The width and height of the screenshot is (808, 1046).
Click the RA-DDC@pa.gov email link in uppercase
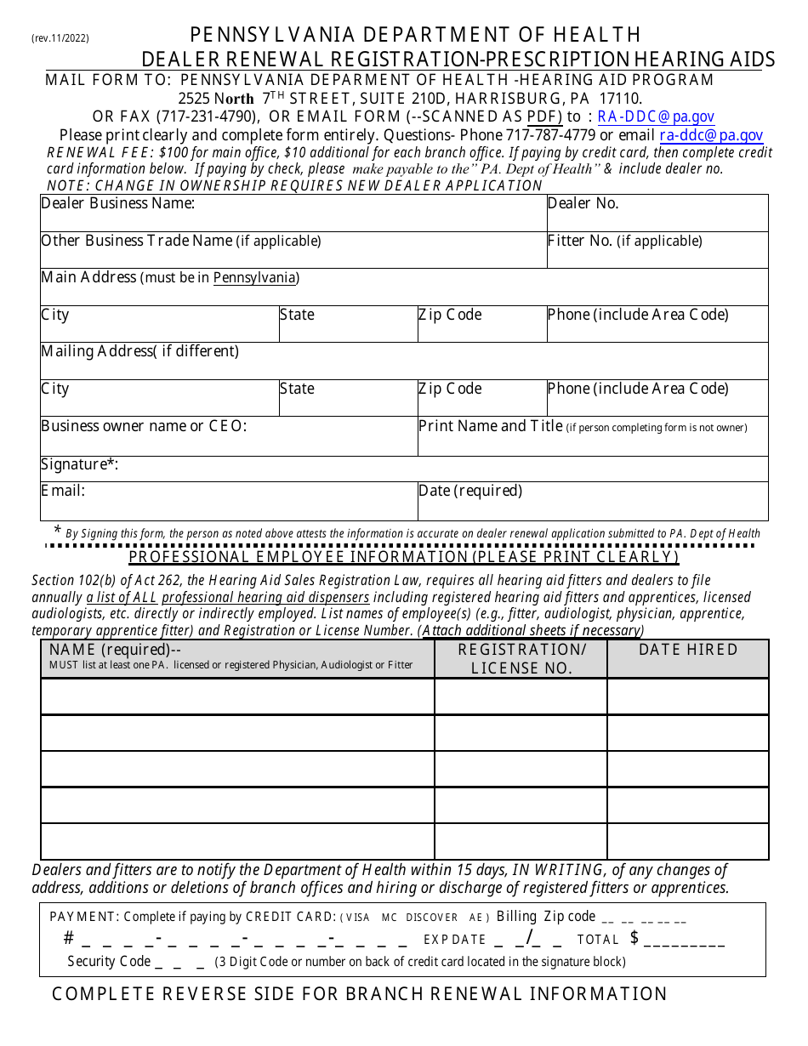(656, 117)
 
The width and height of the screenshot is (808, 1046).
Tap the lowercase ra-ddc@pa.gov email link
(711, 135)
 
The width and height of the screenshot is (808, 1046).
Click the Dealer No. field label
(583, 203)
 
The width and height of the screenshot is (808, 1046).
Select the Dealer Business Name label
(118, 203)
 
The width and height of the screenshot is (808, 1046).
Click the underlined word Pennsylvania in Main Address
(254, 278)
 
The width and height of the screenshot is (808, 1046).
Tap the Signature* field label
(79, 464)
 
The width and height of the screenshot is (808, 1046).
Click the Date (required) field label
(470, 491)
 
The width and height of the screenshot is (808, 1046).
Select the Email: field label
(63, 491)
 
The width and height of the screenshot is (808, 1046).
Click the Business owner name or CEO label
(144, 426)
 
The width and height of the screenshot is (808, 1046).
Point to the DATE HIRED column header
(688, 650)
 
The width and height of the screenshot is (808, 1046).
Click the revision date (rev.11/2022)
(60, 38)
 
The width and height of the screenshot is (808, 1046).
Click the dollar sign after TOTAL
(634, 938)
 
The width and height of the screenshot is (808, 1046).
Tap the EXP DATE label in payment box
(455, 940)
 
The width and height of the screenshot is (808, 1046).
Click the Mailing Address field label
(140, 351)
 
